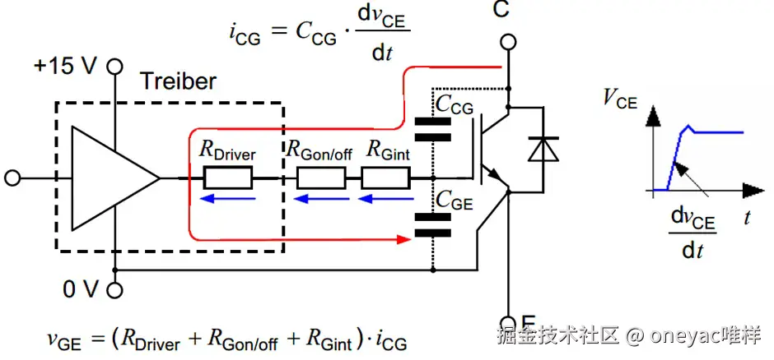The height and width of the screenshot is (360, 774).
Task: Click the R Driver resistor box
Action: point(227,178)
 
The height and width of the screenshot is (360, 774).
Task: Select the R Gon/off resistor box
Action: point(320,178)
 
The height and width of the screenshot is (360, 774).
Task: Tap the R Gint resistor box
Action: point(385,178)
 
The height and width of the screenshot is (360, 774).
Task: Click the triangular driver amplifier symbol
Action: point(116,178)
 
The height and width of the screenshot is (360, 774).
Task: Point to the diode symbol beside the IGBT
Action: point(543,150)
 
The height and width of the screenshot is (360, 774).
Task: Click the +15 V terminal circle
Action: point(115,66)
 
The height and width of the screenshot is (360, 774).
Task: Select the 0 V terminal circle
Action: point(114,291)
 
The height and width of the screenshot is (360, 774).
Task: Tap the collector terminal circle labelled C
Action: point(508,43)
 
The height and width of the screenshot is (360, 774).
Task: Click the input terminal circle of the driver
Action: point(12,178)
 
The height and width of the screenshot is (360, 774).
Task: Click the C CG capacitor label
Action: point(455,106)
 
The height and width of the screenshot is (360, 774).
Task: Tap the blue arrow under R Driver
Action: point(229,199)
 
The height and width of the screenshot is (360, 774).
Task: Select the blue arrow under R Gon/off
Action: point(321,199)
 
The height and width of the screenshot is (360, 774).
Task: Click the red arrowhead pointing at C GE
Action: point(404,240)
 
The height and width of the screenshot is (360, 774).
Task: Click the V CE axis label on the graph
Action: point(620,100)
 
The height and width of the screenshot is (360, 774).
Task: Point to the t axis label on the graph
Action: point(747,218)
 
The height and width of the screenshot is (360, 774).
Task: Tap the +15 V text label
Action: point(65,67)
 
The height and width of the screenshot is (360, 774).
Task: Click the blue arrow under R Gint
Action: point(386,199)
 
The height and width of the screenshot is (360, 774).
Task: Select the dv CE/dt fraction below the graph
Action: point(692,233)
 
